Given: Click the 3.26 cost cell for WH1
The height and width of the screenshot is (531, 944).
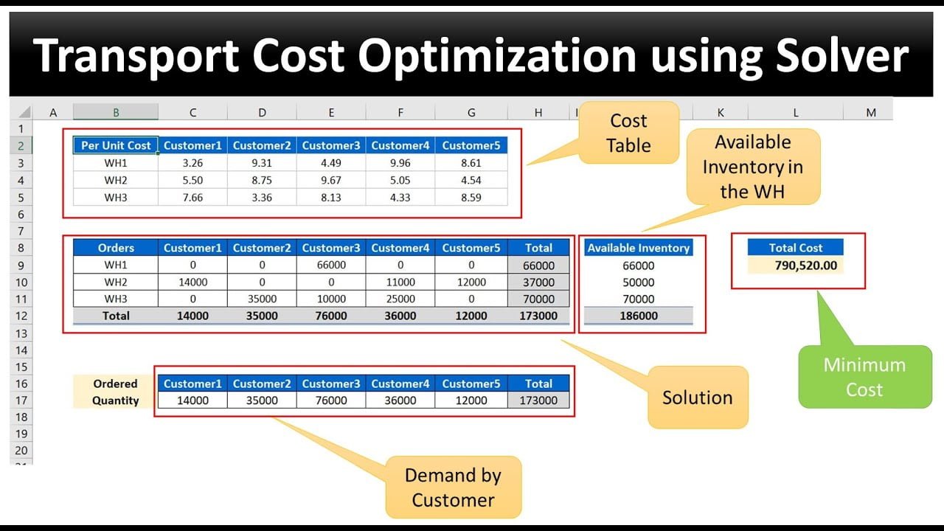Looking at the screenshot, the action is [192, 163].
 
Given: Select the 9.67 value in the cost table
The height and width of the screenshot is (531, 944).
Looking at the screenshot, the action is [331, 180].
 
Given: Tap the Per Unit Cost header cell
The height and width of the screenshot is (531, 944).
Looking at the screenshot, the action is [116, 145].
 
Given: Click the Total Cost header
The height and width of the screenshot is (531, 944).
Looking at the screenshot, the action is [796, 248].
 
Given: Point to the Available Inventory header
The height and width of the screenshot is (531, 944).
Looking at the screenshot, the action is [639, 248].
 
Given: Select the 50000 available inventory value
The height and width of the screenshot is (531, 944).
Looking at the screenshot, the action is [639, 282].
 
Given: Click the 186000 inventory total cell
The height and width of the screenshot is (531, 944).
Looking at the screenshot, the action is [639, 316].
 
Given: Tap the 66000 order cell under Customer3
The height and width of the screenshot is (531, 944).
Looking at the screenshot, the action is [331, 265].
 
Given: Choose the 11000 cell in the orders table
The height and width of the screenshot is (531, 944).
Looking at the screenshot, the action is [400, 282].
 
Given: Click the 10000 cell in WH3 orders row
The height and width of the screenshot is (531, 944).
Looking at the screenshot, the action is [331, 299].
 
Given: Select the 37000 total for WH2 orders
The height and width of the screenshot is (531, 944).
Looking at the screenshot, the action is [538, 282].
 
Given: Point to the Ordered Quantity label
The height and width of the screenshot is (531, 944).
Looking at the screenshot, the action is [115, 392].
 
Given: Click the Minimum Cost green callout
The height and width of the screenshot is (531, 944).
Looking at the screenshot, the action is [865, 377].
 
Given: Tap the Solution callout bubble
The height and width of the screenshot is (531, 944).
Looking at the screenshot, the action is [698, 398].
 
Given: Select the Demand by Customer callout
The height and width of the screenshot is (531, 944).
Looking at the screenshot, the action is [454, 487].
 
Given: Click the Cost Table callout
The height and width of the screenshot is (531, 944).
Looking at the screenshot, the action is [629, 133].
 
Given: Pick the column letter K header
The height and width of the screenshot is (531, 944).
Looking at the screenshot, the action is [721, 113].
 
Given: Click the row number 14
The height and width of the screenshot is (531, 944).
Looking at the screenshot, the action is [21, 350].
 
